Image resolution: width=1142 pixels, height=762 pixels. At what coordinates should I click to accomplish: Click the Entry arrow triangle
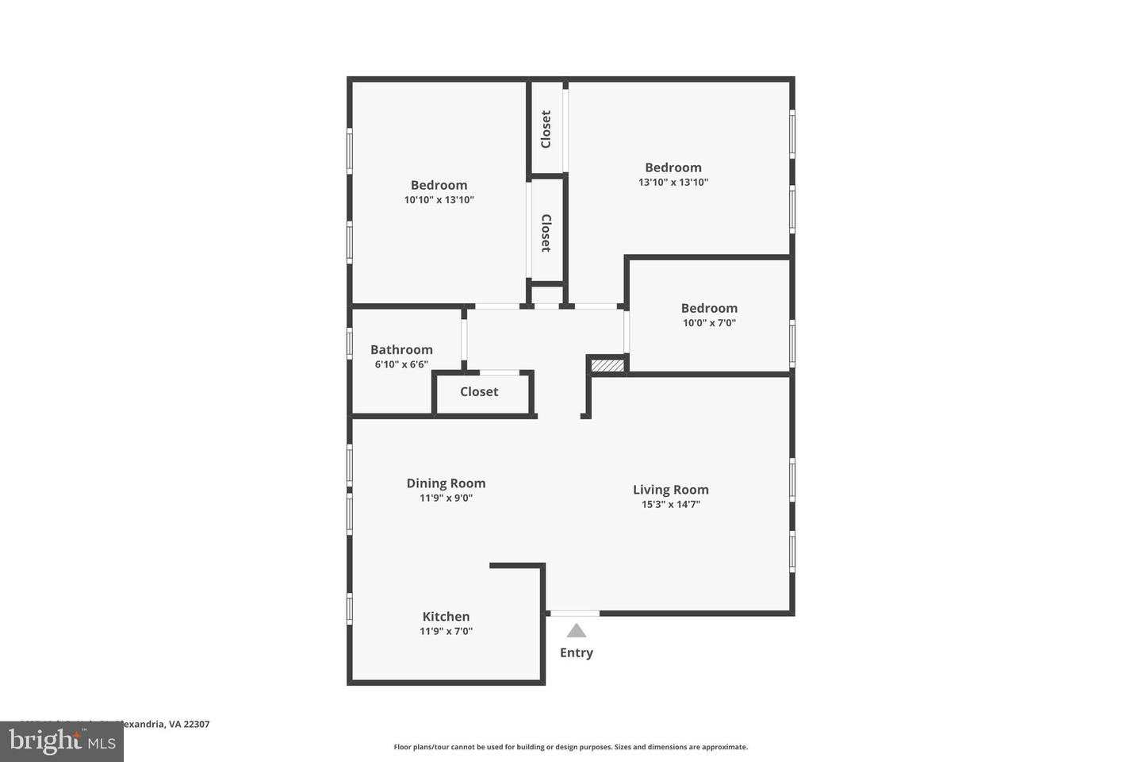tap(577, 631)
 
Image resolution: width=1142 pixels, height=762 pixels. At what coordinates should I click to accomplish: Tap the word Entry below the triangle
tap(577, 652)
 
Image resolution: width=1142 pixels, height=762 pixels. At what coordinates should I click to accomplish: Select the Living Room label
tap(670, 490)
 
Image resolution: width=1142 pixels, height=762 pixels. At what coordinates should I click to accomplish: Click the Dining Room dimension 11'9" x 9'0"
tap(446, 498)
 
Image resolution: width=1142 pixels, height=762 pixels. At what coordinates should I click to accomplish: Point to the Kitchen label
tap(446, 617)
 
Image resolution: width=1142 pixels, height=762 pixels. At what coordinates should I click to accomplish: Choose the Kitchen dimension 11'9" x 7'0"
tap(446, 631)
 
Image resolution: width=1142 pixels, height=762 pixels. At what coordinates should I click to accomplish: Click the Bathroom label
tap(401, 349)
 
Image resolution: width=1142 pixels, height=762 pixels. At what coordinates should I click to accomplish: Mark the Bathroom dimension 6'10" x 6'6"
tap(401, 364)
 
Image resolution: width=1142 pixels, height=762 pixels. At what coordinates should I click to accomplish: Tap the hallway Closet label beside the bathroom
tap(479, 391)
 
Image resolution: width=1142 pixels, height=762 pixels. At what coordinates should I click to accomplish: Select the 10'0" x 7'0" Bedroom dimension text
tap(709, 323)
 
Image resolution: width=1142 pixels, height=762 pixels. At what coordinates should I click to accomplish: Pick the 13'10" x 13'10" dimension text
tap(673, 182)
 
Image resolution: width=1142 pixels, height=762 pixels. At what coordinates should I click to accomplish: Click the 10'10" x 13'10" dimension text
tap(439, 200)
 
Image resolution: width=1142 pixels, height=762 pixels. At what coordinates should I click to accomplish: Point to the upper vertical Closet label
tap(546, 129)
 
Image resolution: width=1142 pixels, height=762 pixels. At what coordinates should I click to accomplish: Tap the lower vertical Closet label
tap(546, 233)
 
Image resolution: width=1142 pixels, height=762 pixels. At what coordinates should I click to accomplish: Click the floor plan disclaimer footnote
tap(570, 747)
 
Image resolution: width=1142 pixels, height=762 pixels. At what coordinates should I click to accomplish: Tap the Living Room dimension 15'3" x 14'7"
tap(670, 504)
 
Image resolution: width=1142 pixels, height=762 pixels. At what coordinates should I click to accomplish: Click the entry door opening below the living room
tap(575, 613)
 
